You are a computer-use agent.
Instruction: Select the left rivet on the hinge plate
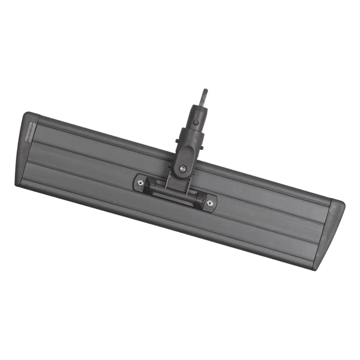(140, 182)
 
